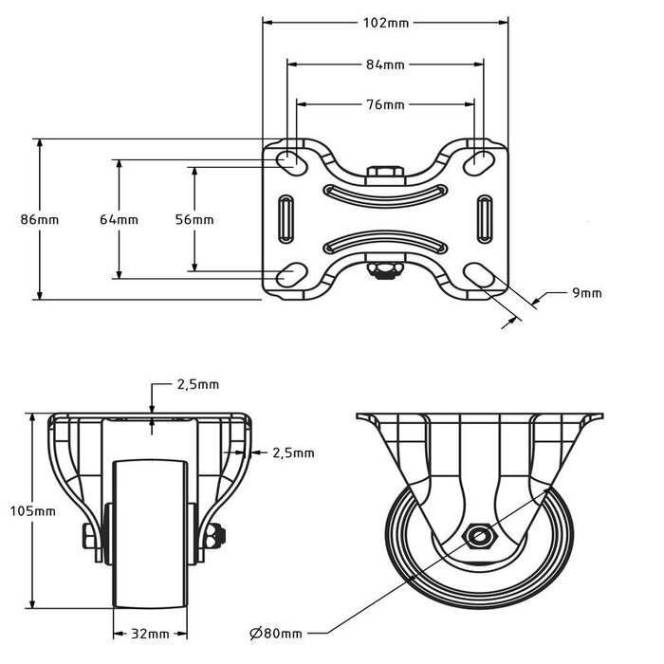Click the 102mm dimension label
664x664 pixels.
coord(385,24)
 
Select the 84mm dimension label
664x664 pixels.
coord(385,65)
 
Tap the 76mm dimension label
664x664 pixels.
coord(385,104)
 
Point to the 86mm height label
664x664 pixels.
coord(40,219)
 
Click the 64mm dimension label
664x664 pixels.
coord(119,219)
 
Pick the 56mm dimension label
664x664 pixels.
coord(194,219)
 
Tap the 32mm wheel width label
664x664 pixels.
coord(152,633)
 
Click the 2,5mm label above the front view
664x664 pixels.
coord(198,384)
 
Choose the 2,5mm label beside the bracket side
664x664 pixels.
coord(292,453)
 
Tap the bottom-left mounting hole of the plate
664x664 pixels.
coord(290,276)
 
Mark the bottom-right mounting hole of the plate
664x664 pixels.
coord(481,276)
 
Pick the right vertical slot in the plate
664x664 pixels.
coord(485,219)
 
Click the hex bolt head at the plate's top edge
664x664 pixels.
coord(385,173)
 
